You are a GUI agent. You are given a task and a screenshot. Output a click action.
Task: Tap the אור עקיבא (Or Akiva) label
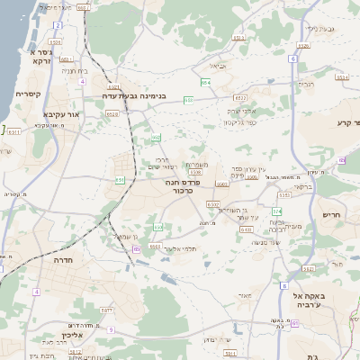click(60, 115)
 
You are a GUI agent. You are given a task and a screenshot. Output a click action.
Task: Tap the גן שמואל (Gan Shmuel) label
click(123, 237)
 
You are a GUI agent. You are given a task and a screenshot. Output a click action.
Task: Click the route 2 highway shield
click(58, 25)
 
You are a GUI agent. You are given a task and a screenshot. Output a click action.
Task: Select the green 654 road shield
click(205, 83)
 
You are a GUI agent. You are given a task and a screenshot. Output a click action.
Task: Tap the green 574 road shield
click(278, 211)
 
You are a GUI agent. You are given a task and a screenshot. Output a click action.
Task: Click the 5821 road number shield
click(308, 268)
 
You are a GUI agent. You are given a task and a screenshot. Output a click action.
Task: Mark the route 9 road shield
click(110, 330)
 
